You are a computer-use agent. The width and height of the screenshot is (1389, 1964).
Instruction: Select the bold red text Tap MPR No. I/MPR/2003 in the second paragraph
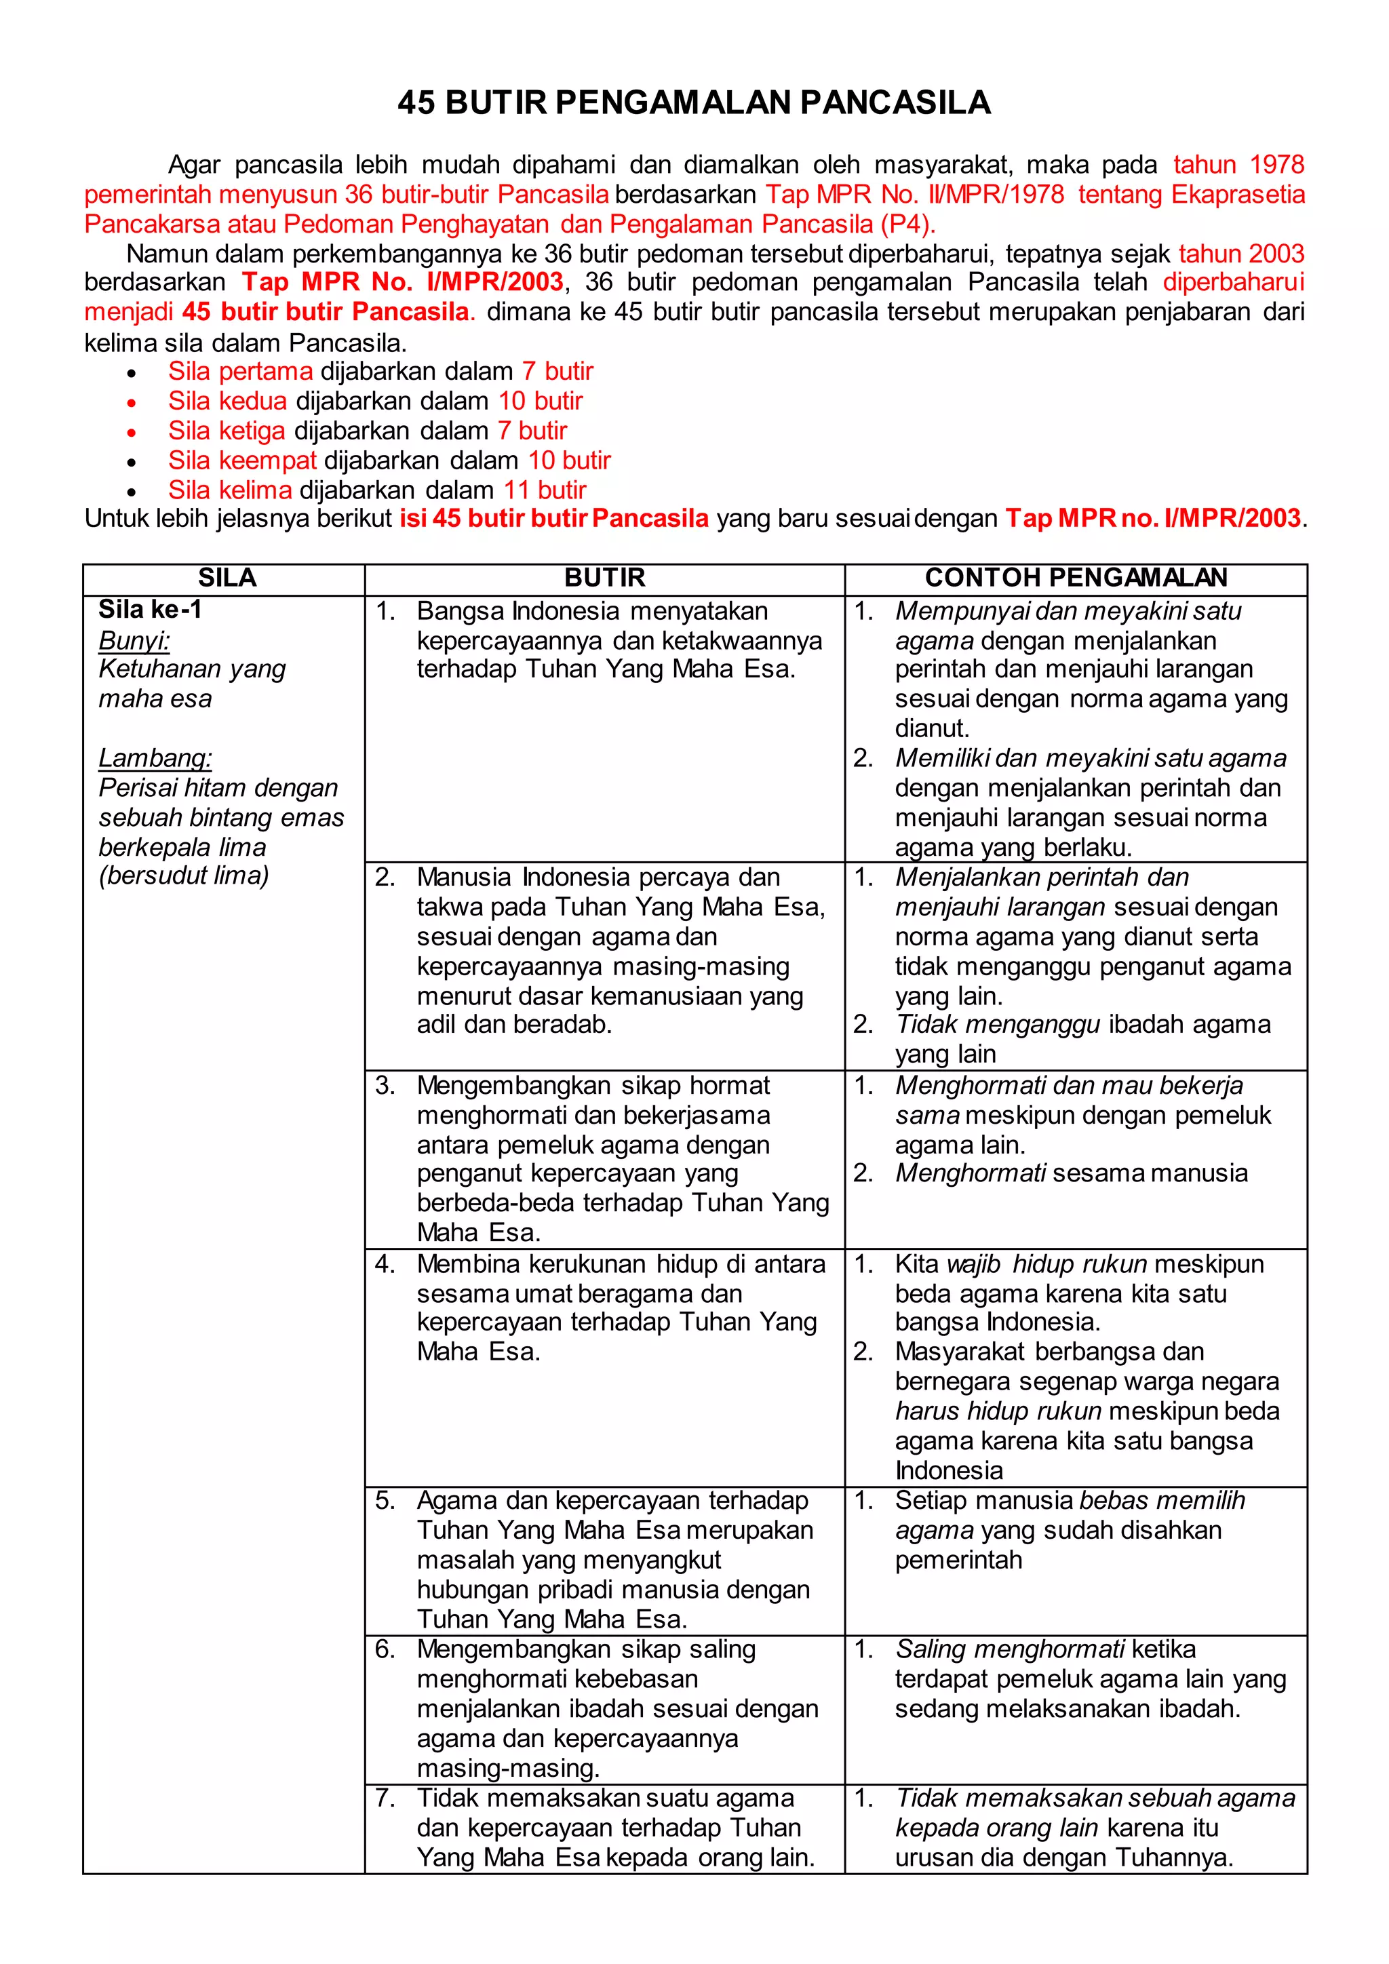(402, 281)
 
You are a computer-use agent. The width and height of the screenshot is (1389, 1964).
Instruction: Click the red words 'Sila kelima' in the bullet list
(230, 490)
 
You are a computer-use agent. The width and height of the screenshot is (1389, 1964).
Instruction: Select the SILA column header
(227, 578)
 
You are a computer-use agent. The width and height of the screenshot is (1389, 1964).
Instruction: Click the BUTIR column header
(605, 578)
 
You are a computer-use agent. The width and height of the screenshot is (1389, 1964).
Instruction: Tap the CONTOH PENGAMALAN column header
(1076, 578)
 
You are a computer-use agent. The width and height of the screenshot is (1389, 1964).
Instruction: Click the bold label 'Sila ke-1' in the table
(150, 610)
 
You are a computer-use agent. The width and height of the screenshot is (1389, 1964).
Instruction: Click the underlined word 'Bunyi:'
(134, 641)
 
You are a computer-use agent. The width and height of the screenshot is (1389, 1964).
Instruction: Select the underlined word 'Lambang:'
(155, 758)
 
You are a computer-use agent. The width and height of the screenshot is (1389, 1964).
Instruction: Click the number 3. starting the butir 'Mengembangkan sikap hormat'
(385, 1086)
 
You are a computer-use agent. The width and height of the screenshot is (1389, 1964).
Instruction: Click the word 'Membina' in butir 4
(468, 1264)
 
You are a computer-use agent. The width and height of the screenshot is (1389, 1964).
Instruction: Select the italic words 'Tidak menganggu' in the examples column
(997, 1025)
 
